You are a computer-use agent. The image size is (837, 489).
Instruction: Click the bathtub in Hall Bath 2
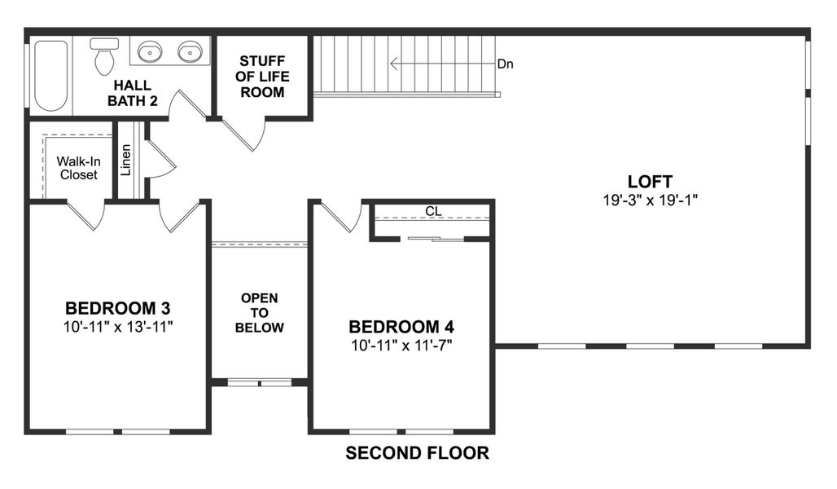point(50,75)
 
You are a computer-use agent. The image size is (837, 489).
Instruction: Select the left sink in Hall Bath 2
point(150,53)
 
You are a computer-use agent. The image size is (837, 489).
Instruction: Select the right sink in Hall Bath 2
point(190,53)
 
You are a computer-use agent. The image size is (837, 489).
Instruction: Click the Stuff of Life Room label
point(262,77)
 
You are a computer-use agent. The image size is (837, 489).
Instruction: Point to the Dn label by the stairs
point(506,64)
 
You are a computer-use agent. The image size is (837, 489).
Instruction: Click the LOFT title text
point(650,181)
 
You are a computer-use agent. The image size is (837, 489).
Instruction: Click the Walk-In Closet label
point(77,168)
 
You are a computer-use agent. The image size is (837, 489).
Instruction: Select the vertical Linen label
point(126,161)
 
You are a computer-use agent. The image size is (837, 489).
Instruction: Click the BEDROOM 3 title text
point(118,309)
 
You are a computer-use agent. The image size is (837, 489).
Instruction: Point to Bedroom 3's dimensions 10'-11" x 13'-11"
point(119,326)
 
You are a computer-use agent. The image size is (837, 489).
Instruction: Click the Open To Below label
point(259,313)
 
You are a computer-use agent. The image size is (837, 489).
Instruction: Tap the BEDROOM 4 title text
point(401,327)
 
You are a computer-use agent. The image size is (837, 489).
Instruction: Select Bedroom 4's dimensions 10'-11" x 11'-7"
point(401,344)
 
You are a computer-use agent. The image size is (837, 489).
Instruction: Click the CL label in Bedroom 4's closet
point(433,211)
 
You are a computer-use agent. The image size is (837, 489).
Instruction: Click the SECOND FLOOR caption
point(418,453)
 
